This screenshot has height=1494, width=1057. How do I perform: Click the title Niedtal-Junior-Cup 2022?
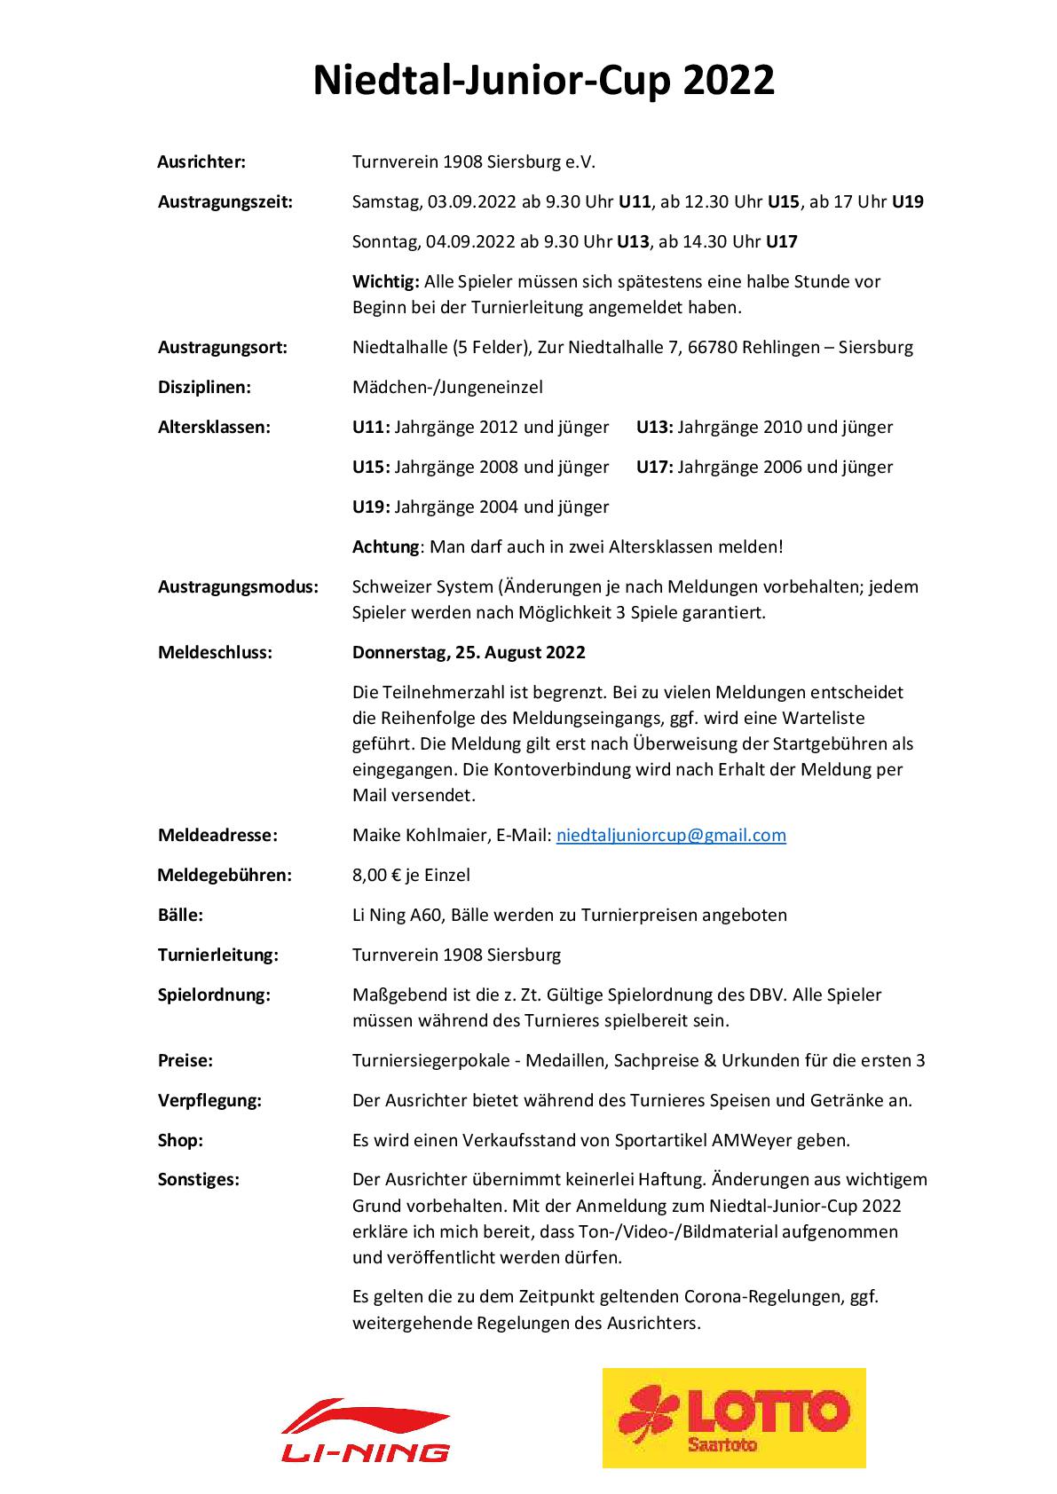[544, 82]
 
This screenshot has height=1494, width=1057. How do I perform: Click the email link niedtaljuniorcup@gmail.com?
[670, 835]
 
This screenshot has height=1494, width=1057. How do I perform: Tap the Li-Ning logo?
[366, 1429]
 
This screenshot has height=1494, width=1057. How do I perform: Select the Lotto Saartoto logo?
[733, 1418]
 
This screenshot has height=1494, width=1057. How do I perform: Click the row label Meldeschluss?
[215, 652]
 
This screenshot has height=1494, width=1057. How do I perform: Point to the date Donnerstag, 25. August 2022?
[469, 652]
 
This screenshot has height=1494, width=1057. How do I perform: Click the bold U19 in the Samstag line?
[907, 201]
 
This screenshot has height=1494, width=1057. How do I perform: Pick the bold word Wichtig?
[385, 281]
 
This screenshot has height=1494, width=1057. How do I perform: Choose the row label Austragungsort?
[222, 347]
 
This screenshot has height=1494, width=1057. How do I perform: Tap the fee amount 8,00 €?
[376, 875]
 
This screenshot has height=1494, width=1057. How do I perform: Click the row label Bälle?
[180, 915]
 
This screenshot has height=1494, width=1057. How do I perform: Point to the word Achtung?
[385, 546]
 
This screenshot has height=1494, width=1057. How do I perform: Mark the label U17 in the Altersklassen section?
[655, 467]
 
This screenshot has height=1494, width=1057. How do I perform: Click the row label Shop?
[180, 1140]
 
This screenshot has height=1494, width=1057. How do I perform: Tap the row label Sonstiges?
[199, 1180]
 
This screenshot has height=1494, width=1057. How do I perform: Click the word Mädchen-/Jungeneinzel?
[447, 387]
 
